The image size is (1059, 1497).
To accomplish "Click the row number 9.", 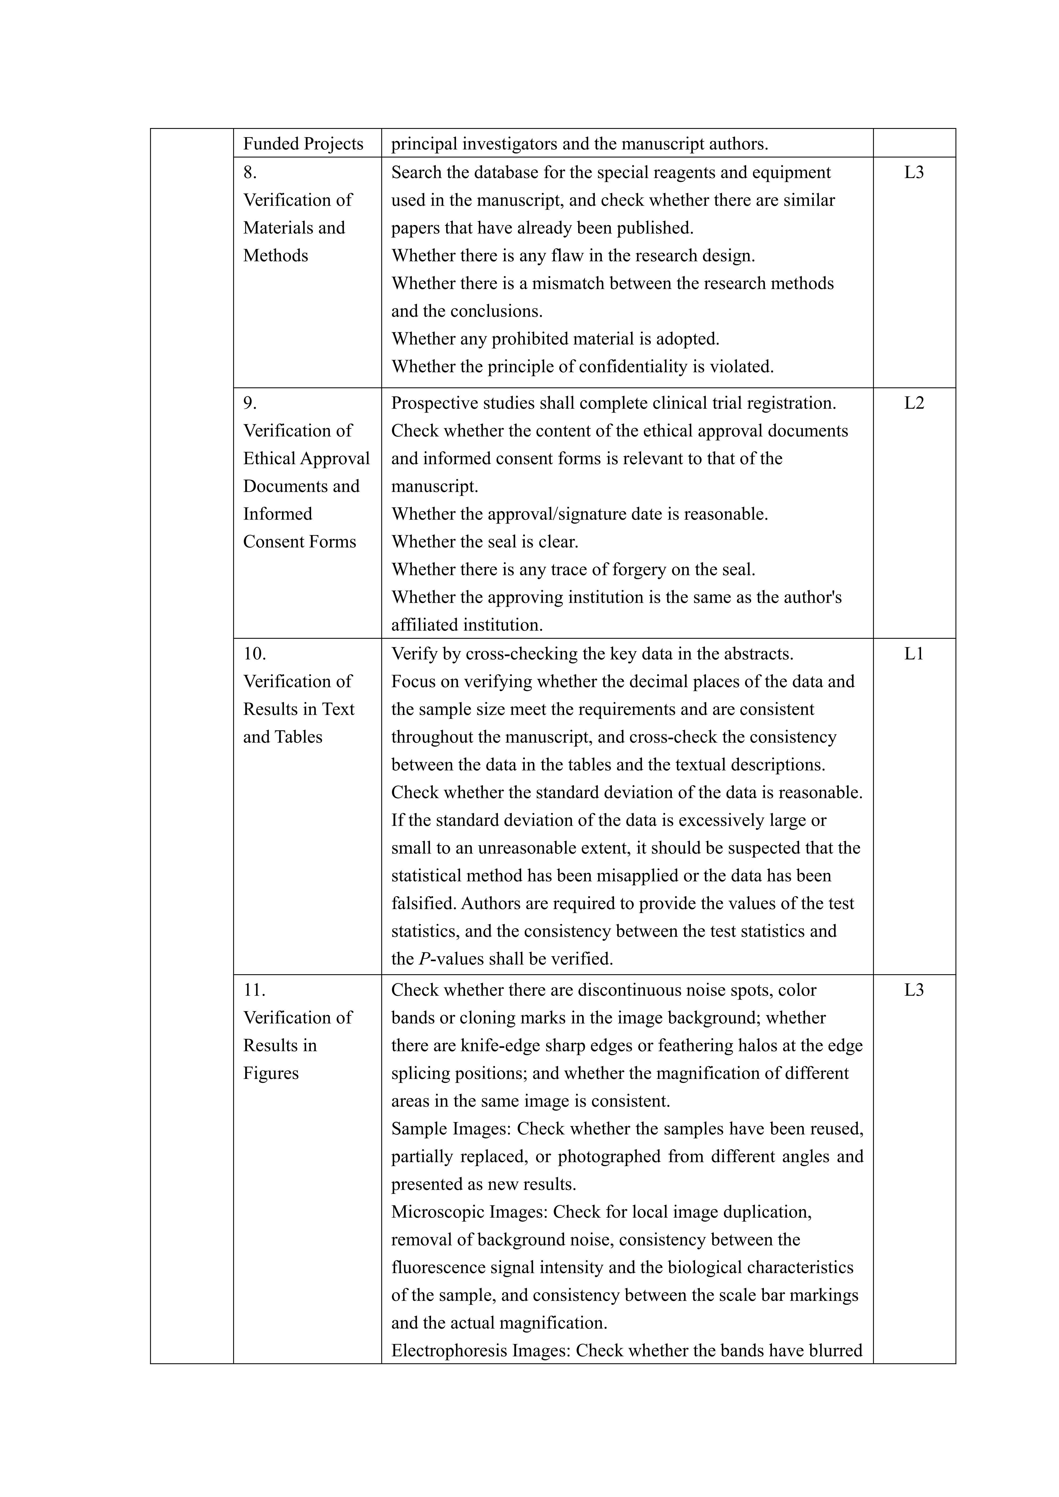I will click(250, 403).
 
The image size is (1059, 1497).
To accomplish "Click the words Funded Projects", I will click(303, 143).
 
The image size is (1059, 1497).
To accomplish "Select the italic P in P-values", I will click(425, 959).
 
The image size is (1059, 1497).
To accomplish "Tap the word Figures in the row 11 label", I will click(271, 1073).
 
